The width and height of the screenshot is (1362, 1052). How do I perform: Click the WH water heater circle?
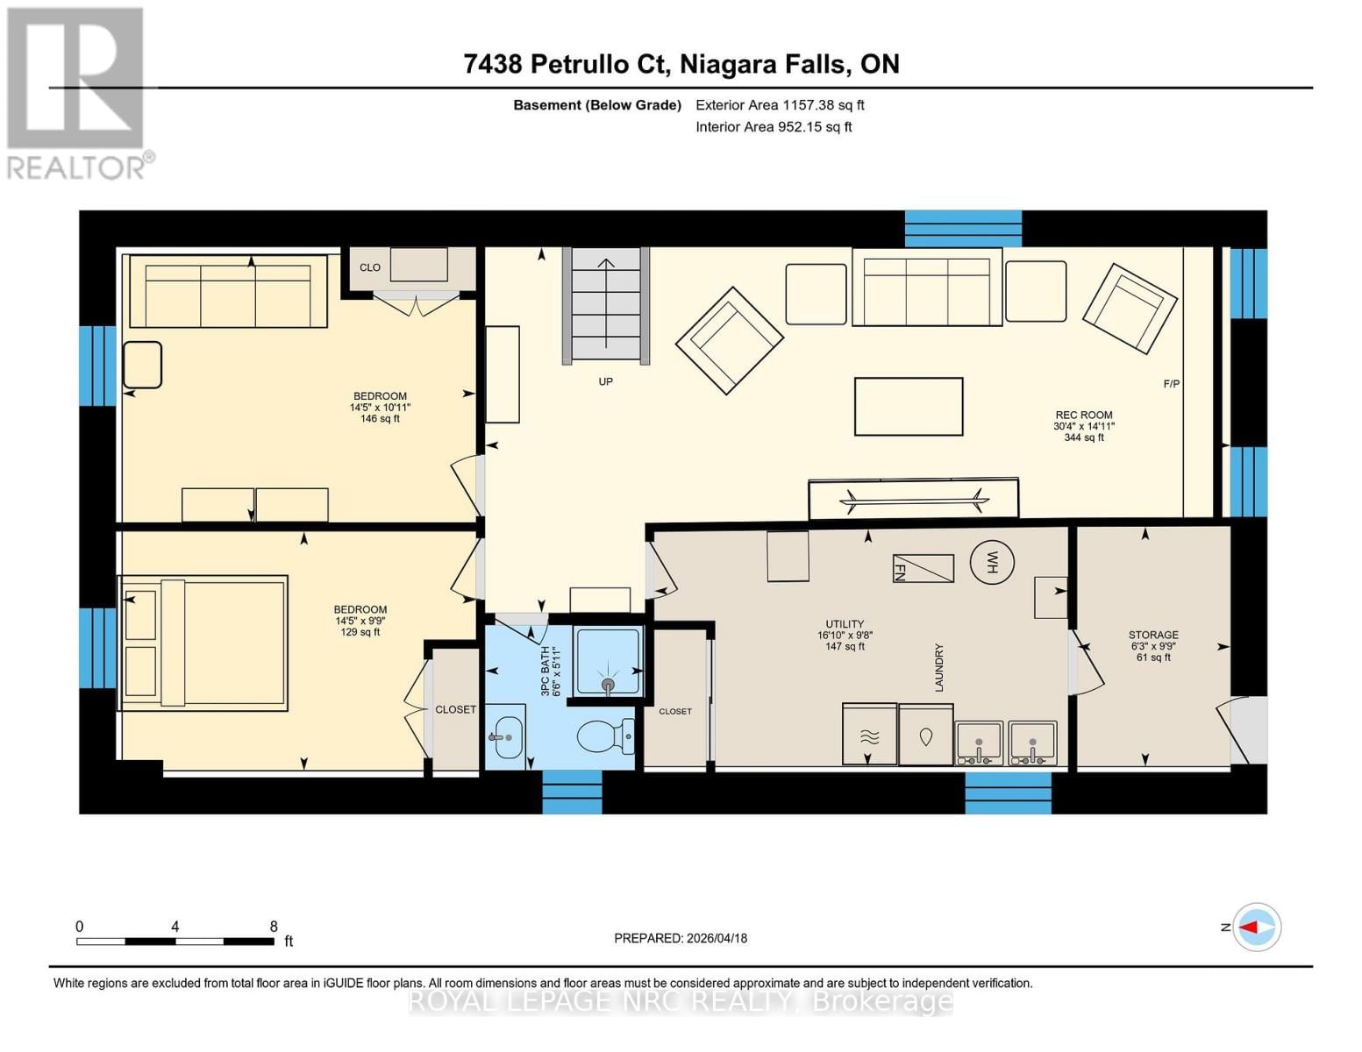[x=992, y=560]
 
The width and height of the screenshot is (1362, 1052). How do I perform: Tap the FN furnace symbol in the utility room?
[x=923, y=568]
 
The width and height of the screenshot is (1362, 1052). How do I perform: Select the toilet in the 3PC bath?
[x=606, y=736]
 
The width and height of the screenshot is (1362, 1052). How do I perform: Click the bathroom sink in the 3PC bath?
[x=506, y=736]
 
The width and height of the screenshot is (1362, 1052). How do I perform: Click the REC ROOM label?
[x=1084, y=416]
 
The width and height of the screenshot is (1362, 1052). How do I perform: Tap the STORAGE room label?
[x=1153, y=635]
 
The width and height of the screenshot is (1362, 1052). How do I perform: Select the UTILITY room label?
[x=845, y=625]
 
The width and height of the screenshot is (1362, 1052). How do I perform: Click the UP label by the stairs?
[x=605, y=381]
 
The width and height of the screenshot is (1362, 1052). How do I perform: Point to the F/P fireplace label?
[x=1171, y=384]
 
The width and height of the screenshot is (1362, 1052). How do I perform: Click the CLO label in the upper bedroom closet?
[x=370, y=267]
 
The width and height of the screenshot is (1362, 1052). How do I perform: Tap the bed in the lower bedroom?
[x=203, y=642]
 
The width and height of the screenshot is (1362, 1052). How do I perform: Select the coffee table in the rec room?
[x=909, y=406]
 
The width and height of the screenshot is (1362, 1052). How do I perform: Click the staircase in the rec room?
[x=606, y=303]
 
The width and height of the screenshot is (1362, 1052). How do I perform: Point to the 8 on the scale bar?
[x=274, y=926]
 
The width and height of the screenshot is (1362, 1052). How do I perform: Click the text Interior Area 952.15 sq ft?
[x=774, y=127]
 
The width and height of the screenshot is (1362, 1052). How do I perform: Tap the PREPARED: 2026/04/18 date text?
[x=681, y=938]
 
